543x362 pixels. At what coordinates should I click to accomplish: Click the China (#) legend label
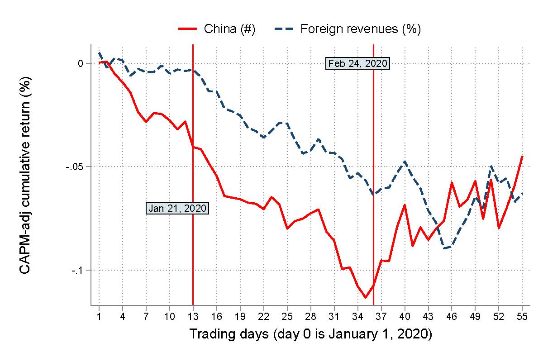tap(230, 29)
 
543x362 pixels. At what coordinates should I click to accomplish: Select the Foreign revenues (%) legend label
tap(361, 29)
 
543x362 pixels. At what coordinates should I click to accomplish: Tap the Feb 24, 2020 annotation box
tap(358, 63)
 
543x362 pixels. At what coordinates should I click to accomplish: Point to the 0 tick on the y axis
tap(81, 63)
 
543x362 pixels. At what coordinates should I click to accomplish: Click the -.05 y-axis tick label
tap(75, 167)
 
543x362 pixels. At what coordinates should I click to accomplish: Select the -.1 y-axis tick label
tap(78, 270)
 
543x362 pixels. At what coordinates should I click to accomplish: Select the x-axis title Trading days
tap(310, 334)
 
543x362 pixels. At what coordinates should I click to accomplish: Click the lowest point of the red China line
tap(365, 297)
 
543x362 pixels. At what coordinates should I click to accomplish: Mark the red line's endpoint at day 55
tap(522, 157)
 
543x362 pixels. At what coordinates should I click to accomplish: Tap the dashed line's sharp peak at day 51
tap(491, 167)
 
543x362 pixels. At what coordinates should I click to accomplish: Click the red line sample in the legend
tap(188, 29)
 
